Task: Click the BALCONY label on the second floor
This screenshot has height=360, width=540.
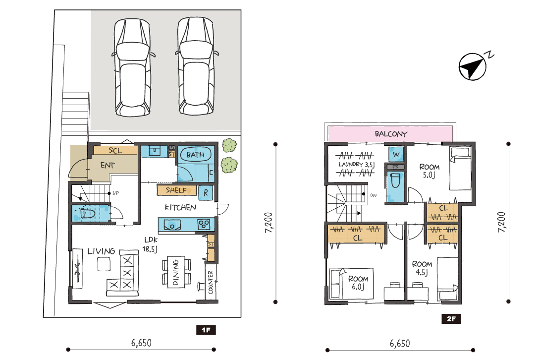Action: [391, 134]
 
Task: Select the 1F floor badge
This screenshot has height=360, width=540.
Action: [206, 330]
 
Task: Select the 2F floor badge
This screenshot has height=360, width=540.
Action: [451, 319]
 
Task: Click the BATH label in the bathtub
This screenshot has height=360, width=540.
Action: [195, 155]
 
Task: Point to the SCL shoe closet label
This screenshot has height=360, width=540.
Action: [115, 151]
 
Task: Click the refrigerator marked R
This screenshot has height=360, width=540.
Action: [206, 193]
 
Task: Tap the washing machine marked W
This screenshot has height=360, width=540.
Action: [396, 155]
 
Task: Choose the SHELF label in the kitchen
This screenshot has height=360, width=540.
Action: [176, 190]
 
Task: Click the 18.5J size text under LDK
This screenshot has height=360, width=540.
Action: [150, 249]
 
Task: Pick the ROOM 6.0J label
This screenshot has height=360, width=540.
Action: [358, 283]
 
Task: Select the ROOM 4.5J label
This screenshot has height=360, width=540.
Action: [422, 268]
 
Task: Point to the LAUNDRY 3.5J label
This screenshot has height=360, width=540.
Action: [356, 165]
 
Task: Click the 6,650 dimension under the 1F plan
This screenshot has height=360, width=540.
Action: [141, 343]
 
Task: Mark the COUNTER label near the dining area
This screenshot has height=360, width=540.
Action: [211, 283]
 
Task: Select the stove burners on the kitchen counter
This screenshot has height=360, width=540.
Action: [204, 224]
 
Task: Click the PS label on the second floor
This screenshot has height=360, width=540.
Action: [395, 167]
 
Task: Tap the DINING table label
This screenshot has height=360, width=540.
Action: [175, 272]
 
